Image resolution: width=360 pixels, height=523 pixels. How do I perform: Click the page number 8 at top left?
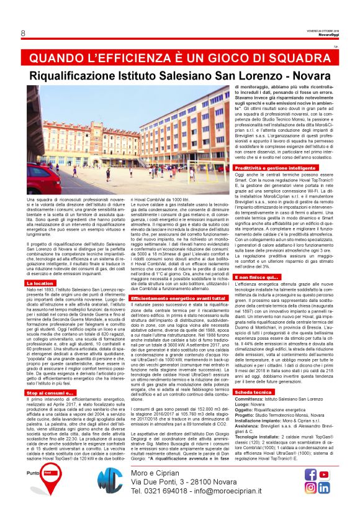(x=23, y=33)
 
